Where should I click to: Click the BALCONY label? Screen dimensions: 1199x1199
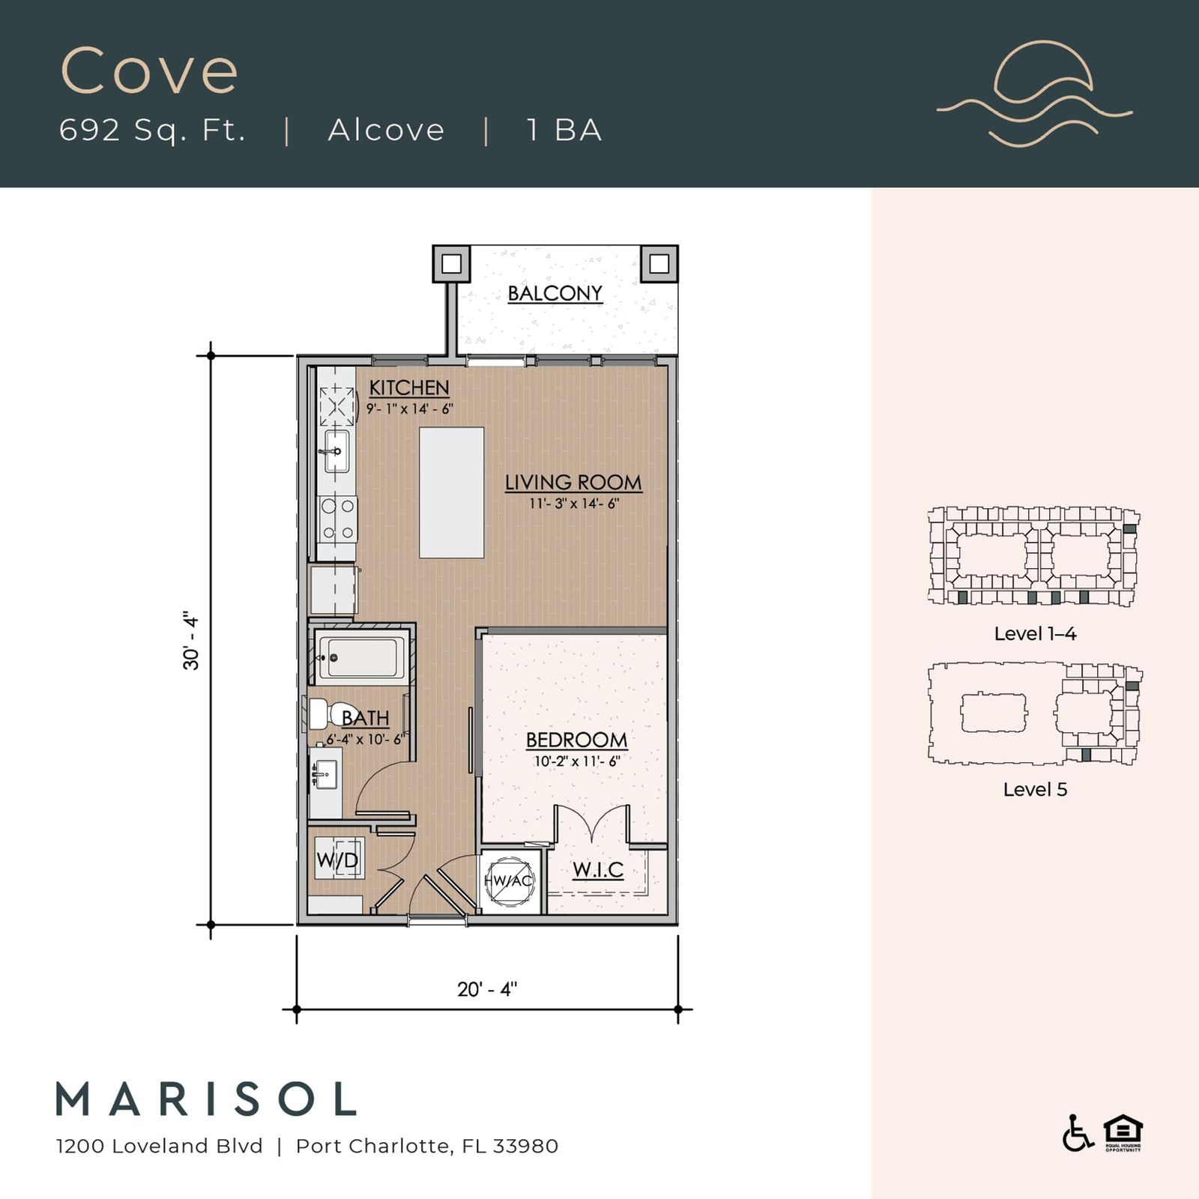[x=555, y=293]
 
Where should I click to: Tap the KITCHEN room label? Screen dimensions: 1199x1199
[x=409, y=387]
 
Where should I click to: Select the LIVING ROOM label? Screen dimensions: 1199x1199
[x=573, y=483]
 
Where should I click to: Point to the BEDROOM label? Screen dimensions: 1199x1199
[x=576, y=740]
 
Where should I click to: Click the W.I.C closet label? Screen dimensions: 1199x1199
[x=598, y=870]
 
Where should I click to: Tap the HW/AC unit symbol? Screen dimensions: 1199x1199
[x=509, y=881]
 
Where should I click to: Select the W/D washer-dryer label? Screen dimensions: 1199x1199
[x=337, y=859]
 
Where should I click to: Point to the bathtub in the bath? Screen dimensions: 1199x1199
[x=361, y=657]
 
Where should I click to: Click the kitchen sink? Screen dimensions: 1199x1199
[x=336, y=451]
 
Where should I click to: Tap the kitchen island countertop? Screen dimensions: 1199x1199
[x=451, y=492]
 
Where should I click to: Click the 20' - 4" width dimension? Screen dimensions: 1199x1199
[x=487, y=989]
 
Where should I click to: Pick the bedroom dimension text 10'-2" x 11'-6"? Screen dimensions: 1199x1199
[x=577, y=761]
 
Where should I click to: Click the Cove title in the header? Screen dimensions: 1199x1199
[x=149, y=71]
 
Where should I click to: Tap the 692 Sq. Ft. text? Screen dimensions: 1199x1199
[x=153, y=130]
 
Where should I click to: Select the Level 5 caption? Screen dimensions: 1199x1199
[x=1035, y=789]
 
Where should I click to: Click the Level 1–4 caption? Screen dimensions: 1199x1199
[x=1035, y=633]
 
